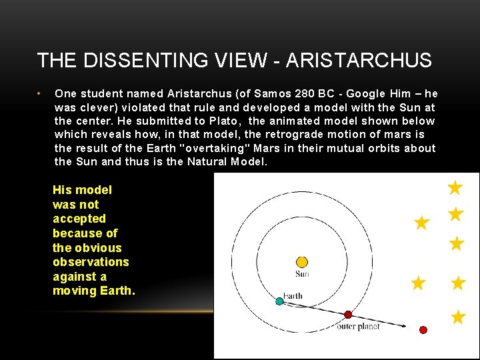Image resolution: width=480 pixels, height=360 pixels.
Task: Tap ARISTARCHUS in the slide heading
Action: point(358,61)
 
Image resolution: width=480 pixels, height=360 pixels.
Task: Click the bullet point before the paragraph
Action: point(40,93)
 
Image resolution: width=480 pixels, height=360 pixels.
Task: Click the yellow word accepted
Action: point(79,219)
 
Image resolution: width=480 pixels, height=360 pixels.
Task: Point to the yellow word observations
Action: point(91,262)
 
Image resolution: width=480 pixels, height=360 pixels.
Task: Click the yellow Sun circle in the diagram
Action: point(302,262)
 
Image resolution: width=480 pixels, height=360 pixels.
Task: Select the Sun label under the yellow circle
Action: point(302,274)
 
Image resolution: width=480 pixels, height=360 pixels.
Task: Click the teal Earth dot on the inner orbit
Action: point(279,301)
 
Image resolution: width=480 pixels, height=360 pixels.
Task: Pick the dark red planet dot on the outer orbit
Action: point(347,314)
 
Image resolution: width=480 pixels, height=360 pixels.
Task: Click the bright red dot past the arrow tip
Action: point(423,329)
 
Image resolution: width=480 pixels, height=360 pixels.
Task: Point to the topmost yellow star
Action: point(455,188)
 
